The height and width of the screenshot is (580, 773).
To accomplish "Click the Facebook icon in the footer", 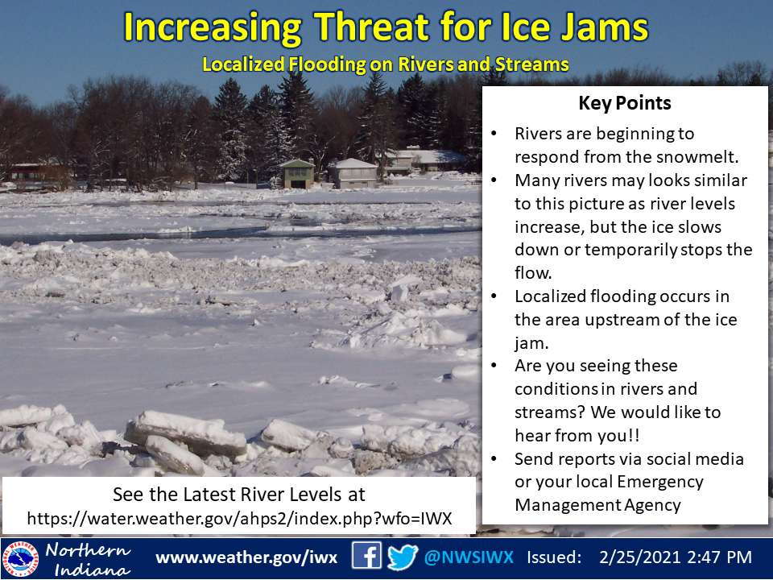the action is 366,557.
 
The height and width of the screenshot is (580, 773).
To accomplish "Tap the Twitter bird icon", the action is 403,557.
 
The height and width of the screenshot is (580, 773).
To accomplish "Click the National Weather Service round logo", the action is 20,559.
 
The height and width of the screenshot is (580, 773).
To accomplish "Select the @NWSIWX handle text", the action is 469,557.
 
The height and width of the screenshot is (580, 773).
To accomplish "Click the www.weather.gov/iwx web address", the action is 246,557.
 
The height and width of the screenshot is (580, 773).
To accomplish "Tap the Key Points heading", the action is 625,103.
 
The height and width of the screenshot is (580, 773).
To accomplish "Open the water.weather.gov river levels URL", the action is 240,518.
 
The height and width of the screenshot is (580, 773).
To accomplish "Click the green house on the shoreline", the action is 297,174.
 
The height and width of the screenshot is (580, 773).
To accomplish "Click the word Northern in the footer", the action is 88,550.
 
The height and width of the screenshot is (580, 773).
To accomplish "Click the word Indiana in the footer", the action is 92,570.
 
